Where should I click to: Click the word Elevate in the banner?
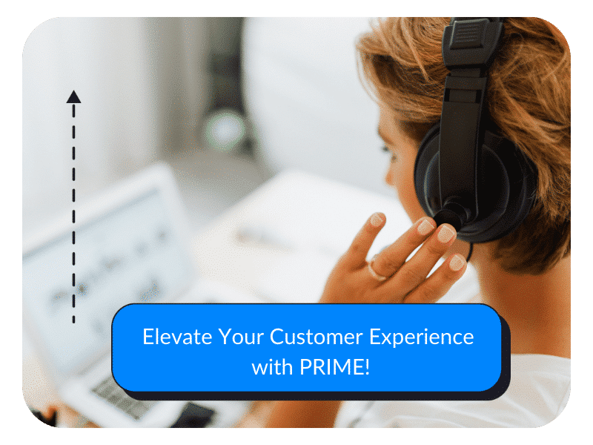click(x=177, y=337)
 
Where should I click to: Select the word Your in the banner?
click(x=240, y=337)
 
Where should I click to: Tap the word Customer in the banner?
click(x=317, y=337)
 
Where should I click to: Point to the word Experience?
click(x=421, y=337)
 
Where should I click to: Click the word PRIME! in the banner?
click(x=334, y=366)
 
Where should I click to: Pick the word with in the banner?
click(x=272, y=366)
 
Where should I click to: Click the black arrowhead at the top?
click(x=73, y=96)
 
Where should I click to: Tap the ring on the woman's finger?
click(x=376, y=269)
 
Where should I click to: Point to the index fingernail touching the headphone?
click(x=446, y=233)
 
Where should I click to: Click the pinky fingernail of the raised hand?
click(x=457, y=263)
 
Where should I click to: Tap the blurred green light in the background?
click(x=225, y=129)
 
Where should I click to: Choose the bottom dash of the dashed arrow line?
click(x=73, y=320)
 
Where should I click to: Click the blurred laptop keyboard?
click(x=121, y=398)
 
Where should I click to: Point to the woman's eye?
click(x=385, y=149)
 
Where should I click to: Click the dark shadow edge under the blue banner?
click(x=318, y=396)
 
